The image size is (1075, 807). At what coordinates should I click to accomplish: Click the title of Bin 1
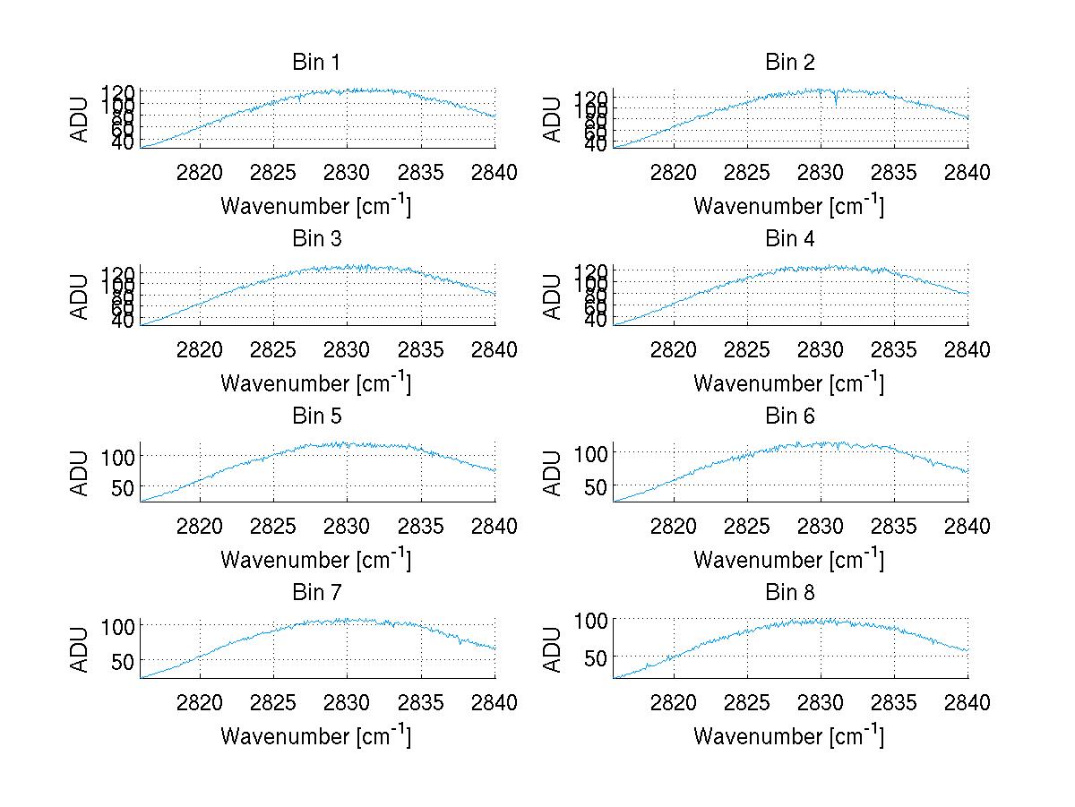(x=316, y=63)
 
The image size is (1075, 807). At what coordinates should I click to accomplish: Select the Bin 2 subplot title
(x=789, y=63)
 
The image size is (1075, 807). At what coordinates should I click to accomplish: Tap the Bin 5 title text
(x=316, y=416)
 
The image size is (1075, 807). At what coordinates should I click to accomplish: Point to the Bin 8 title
(x=789, y=593)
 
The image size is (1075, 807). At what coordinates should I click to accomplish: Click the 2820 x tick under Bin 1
(x=200, y=173)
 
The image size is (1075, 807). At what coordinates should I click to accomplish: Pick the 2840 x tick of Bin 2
(x=967, y=173)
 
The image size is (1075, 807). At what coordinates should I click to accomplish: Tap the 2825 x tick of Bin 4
(x=747, y=350)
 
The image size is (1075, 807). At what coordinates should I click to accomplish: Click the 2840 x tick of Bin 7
(x=494, y=703)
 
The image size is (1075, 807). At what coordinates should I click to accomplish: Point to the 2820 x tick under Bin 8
(x=673, y=703)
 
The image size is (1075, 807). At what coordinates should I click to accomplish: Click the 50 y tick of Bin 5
(x=123, y=487)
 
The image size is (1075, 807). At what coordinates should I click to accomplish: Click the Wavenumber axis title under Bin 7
(x=315, y=736)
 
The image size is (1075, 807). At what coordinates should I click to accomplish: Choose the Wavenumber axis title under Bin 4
(x=788, y=382)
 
